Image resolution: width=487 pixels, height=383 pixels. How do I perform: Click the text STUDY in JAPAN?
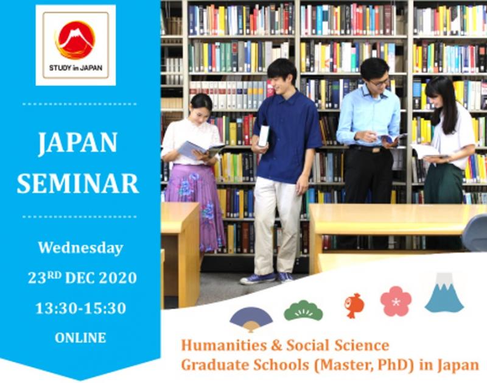(x=75, y=68)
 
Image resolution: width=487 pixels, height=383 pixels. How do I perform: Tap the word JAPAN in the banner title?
(x=78, y=144)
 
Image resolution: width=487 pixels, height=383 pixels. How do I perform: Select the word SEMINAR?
(x=78, y=183)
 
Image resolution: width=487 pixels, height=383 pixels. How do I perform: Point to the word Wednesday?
(x=81, y=248)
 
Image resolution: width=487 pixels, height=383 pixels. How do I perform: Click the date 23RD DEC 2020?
(x=82, y=278)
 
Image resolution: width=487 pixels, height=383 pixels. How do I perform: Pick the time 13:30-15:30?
(x=81, y=308)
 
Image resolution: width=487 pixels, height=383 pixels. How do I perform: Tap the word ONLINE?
(x=80, y=338)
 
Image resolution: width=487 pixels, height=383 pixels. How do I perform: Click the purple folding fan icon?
(x=251, y=319)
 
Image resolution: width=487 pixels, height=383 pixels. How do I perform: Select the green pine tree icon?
(x=303, y=310)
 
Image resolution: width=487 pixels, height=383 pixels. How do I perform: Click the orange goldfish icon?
(x=354, y=305)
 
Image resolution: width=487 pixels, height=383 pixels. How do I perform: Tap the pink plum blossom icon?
(x=396, y=301)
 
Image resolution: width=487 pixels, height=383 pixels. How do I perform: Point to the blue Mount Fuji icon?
(x=444, y=293)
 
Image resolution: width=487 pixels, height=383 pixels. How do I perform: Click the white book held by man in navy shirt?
(x=264, y=136)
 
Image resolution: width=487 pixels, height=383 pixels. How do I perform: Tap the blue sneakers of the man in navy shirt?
(x=267, y=278)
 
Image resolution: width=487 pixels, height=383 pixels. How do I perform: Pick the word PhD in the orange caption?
(x=396, y=365)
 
